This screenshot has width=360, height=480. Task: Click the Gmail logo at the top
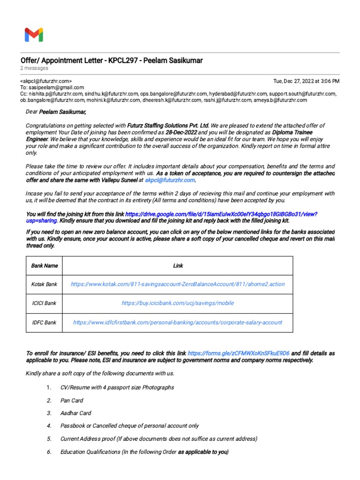tap(34, 35)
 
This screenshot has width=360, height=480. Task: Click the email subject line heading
tap(112, 61)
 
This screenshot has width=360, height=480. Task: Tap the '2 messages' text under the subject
tap(34, 68)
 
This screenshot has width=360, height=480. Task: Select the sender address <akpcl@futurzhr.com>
tap(46, 81)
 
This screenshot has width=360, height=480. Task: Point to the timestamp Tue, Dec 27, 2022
tap(306, 81)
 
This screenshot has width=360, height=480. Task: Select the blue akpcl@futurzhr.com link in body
tap(170, 180)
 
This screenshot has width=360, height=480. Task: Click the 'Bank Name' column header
tap(45, 266)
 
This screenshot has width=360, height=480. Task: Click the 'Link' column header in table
tap(178, 266)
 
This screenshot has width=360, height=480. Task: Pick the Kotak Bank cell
tap(44, 285)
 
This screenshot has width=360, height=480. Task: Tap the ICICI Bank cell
tap(44, 303)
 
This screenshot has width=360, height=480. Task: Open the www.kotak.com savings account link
tap(178, 285)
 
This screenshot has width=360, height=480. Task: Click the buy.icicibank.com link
tap(178, 303)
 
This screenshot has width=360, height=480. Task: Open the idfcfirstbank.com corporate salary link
tap(178, 322)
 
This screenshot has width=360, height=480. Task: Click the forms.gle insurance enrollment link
tap(239, 353)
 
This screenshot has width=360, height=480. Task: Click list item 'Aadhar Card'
tap(76, 413)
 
